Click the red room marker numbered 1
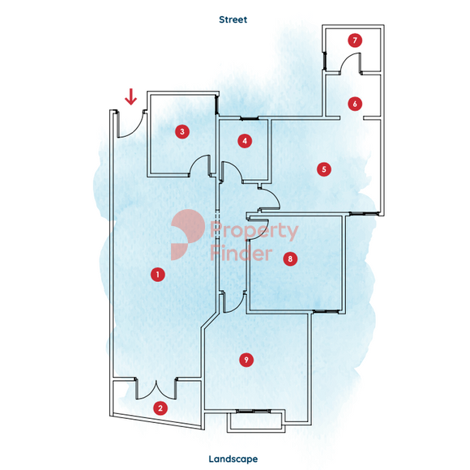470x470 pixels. (x=158, y=274)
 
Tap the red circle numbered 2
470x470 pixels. (x=160, y=408)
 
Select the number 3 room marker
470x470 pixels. (x=182, y=131)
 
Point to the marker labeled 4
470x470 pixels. (x=245, y=141)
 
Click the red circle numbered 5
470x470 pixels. (x=324, y=169)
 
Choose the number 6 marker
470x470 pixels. (x=355, y=104)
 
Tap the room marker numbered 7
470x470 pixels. (x=355, y=41)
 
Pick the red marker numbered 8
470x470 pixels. (x=290, y=258)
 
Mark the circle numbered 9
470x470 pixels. (x=246, y=360)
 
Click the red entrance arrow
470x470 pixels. (x=130, y=96)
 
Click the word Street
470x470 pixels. (x=233, y=19)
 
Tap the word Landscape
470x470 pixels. (x=233, y=459)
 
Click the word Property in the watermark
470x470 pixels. (x=254, y=230)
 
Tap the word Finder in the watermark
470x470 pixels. (x=241, y=253)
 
